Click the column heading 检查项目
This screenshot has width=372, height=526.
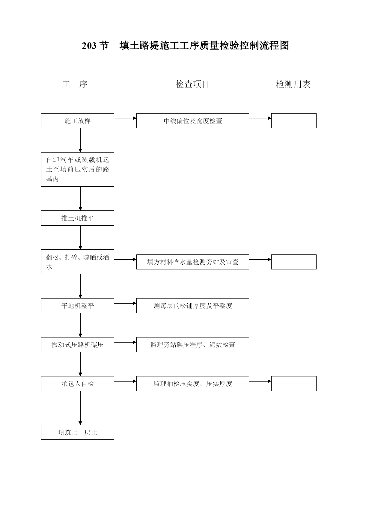pos(192,84)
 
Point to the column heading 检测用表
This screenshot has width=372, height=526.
pos(293,84)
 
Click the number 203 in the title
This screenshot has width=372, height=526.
pos(89,46)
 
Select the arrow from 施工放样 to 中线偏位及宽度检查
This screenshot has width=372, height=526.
pos(125,118)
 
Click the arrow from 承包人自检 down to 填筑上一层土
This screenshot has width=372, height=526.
pos(80,408)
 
